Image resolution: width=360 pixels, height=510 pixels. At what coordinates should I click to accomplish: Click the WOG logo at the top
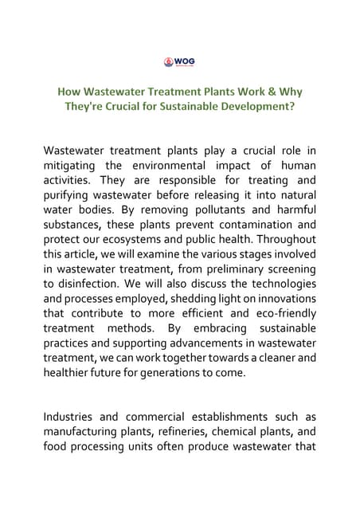point(179,62)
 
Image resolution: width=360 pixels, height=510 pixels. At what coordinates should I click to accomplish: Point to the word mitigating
point(72,165)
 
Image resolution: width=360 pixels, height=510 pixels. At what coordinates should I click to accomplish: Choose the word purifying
point(71,195)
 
